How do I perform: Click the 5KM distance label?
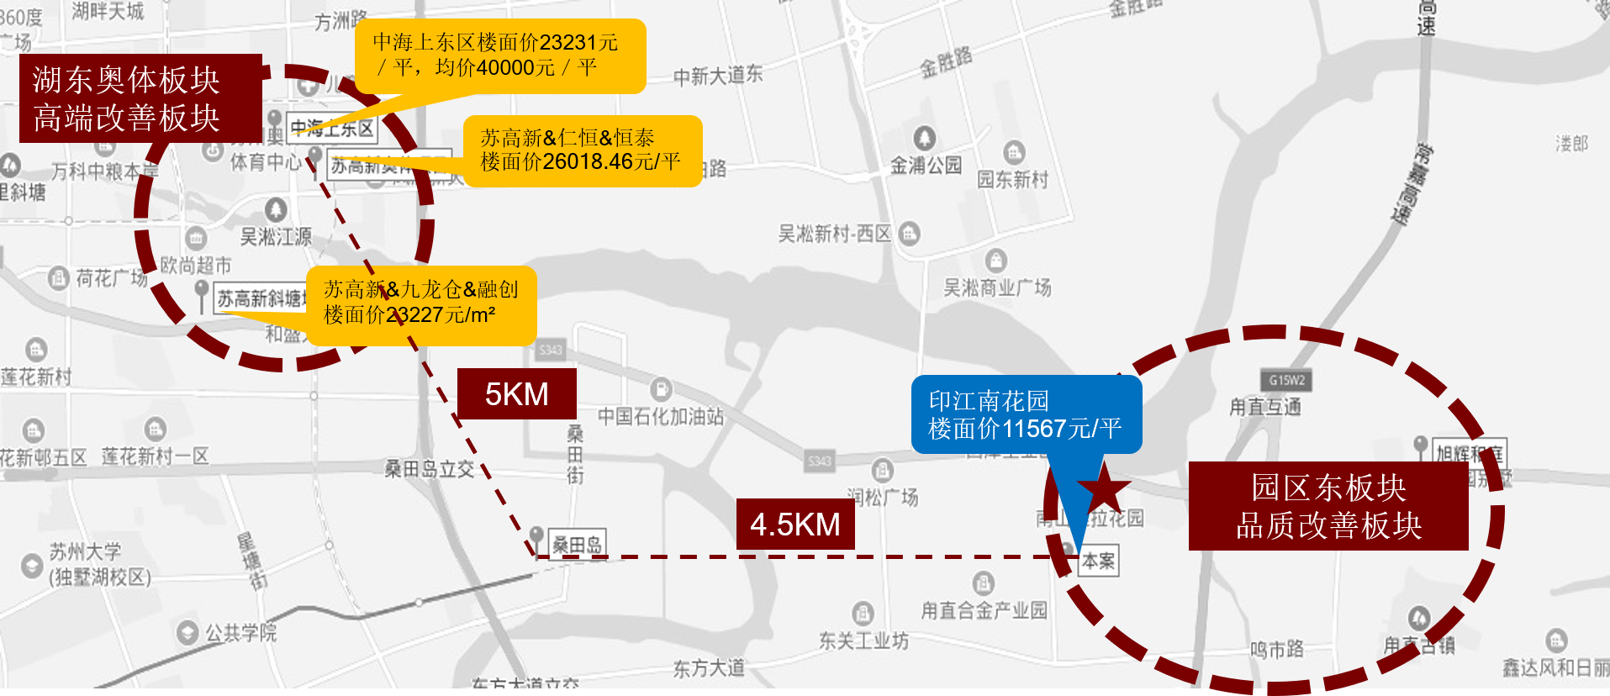pyautogui.click(x=516, y=393)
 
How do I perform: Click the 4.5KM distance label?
pyautogui.click(x=794, y=524)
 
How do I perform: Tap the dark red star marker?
pyautogui.click(x=1103, y=487)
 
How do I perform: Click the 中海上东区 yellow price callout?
pyautogui.click(x=499, y=55)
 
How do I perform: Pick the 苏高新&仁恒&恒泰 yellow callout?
pyautogui.click(x=582, y=150)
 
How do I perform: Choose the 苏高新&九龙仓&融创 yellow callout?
pyautogui.click(x=421, y=304)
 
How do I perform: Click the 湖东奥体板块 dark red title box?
pyautogui.click(x=140, y=98)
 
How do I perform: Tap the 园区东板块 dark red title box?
pyautogui.click(x=1328, y=506)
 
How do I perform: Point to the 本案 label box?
pyautogui.click(x=1098, y=561)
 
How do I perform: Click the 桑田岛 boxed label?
pyautogui.click(x=577, y=545)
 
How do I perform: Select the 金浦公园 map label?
pyautogui.click(x=926, y=165)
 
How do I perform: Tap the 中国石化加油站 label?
pyautogui.click(x=660, y=415)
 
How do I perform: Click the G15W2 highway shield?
pyautogui.click(x=1286, y=380)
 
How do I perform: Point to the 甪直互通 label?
pyautogui.click(x=1264, y=407)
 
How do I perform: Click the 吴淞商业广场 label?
pyautogui.click(x=997, y=287)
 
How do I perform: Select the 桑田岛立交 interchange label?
pyautogui.click(x=429, y=469)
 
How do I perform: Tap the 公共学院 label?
pyautogui.click(x=240, y=632)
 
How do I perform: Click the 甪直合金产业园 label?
pyautogui.click(x=984, y=609)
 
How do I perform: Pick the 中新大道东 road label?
pyautogui.click(x=718, y=76)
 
